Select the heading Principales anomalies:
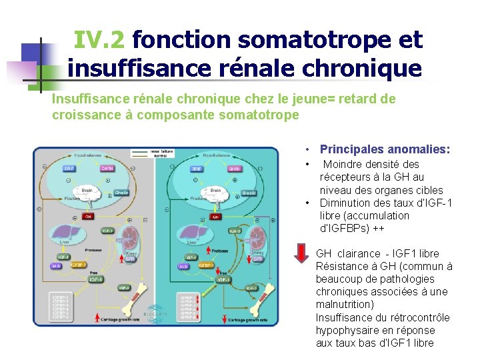click(385, 149)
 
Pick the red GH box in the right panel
click(215, 217)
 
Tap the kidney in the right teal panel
click(253, 239)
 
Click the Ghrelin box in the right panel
click(249, 193)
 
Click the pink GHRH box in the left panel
click(107, 169)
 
